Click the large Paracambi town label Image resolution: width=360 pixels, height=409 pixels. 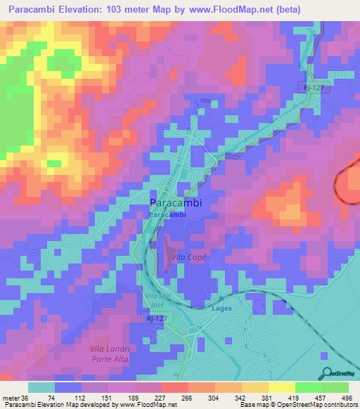(176, 202)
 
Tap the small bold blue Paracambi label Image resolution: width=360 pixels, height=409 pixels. (168, 215)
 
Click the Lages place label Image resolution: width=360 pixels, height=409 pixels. (221, 308)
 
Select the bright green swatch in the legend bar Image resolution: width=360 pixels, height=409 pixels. (309, 387)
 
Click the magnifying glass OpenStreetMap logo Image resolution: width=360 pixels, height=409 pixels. (326, 372)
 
